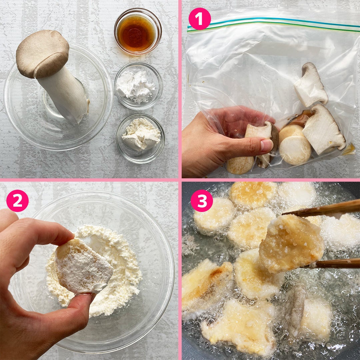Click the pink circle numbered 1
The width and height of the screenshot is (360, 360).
click(200, 19)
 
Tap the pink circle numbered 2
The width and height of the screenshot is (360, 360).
click(17, 200)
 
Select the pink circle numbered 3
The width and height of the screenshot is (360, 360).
click(202, 200)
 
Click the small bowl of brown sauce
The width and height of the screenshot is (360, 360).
click(138, 31)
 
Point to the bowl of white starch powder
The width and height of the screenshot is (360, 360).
click(139, 86)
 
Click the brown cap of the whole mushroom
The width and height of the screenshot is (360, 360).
click(42, 54)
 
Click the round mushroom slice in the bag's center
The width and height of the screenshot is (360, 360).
click(295, 150)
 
